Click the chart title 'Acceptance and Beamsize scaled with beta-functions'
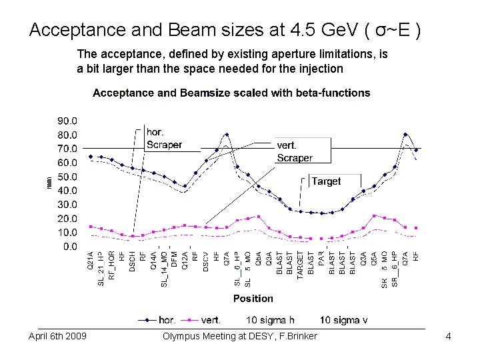click(231, 93)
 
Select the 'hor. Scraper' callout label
click(164, 139)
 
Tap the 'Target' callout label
click(326, 181)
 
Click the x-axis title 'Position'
click(253, 298)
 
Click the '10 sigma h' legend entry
click(270, 320)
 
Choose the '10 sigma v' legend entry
click(343, 320)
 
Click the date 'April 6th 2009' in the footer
click(57, 336)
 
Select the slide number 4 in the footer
click(449, 336)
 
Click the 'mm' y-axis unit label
click(47, 181)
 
